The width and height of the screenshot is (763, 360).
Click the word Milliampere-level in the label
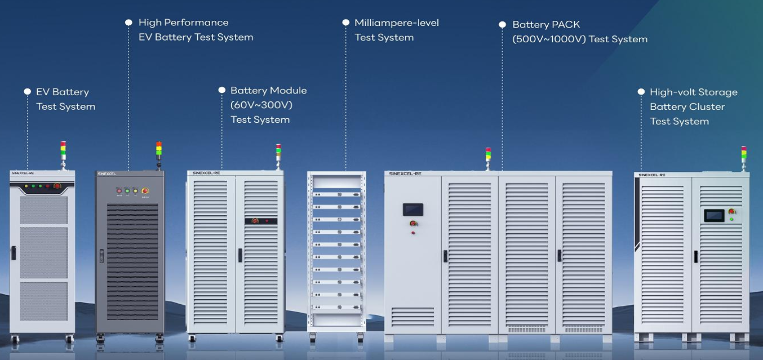(x=396, y=23)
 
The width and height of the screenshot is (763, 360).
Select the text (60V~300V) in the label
(x=261, y=105)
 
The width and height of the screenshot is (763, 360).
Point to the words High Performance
(x=183, y=23)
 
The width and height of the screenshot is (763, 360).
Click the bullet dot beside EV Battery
(x=27, y=91)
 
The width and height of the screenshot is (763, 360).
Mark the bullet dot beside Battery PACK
(x=502, y=25)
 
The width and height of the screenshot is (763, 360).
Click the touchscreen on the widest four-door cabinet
(x=412, y=210)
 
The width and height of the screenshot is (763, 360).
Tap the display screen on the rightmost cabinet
(x=714, y=215)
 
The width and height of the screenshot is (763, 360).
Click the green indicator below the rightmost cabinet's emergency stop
(x=731, y=219)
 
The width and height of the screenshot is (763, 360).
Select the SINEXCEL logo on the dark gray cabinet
(x=107, y=174)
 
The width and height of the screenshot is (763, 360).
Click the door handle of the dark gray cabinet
(x=101, y=256)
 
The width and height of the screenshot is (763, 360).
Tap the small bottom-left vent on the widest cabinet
(x=412, y=317)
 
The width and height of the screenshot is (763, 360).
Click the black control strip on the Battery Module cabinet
(x=260, y=221)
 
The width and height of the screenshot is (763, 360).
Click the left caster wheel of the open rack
(x=313, y=339)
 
